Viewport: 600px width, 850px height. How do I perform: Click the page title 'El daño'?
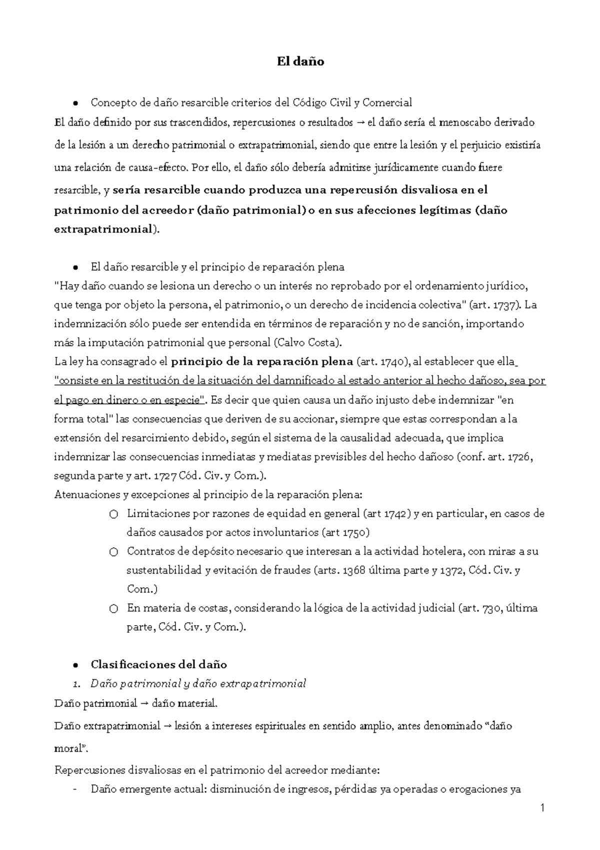pyautogui.click(x=300, y=62)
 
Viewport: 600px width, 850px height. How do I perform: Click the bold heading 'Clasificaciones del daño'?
pyautogui.click(x=158, y=664)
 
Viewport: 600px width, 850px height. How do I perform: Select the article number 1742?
pyautogui.click(x=397, y=513)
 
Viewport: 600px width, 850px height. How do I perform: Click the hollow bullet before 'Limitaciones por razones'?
pyautogui.click(x=113, y=514)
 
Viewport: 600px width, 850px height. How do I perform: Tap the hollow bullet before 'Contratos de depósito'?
pyautogui.click(x=113, y=552)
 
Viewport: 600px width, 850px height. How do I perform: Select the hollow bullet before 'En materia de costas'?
pyautogui.click(x=113, y=609)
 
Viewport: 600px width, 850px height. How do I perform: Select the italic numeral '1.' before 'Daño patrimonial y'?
pyautogui.click(x=77, y=684)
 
